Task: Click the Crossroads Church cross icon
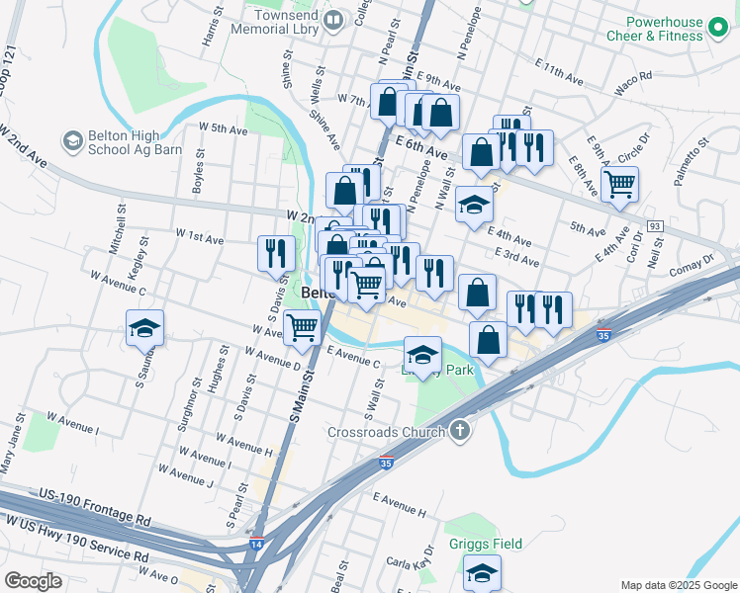coord(459,430)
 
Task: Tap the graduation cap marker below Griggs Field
coord(482,572)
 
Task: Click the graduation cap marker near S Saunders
coord(144,328)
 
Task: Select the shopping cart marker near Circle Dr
coord(619,183)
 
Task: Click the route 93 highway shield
coord(654,226)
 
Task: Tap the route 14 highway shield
coord(256,544)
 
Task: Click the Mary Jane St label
coord(13,444)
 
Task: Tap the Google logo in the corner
coord(34,580)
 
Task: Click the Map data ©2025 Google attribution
coord(677,585)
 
